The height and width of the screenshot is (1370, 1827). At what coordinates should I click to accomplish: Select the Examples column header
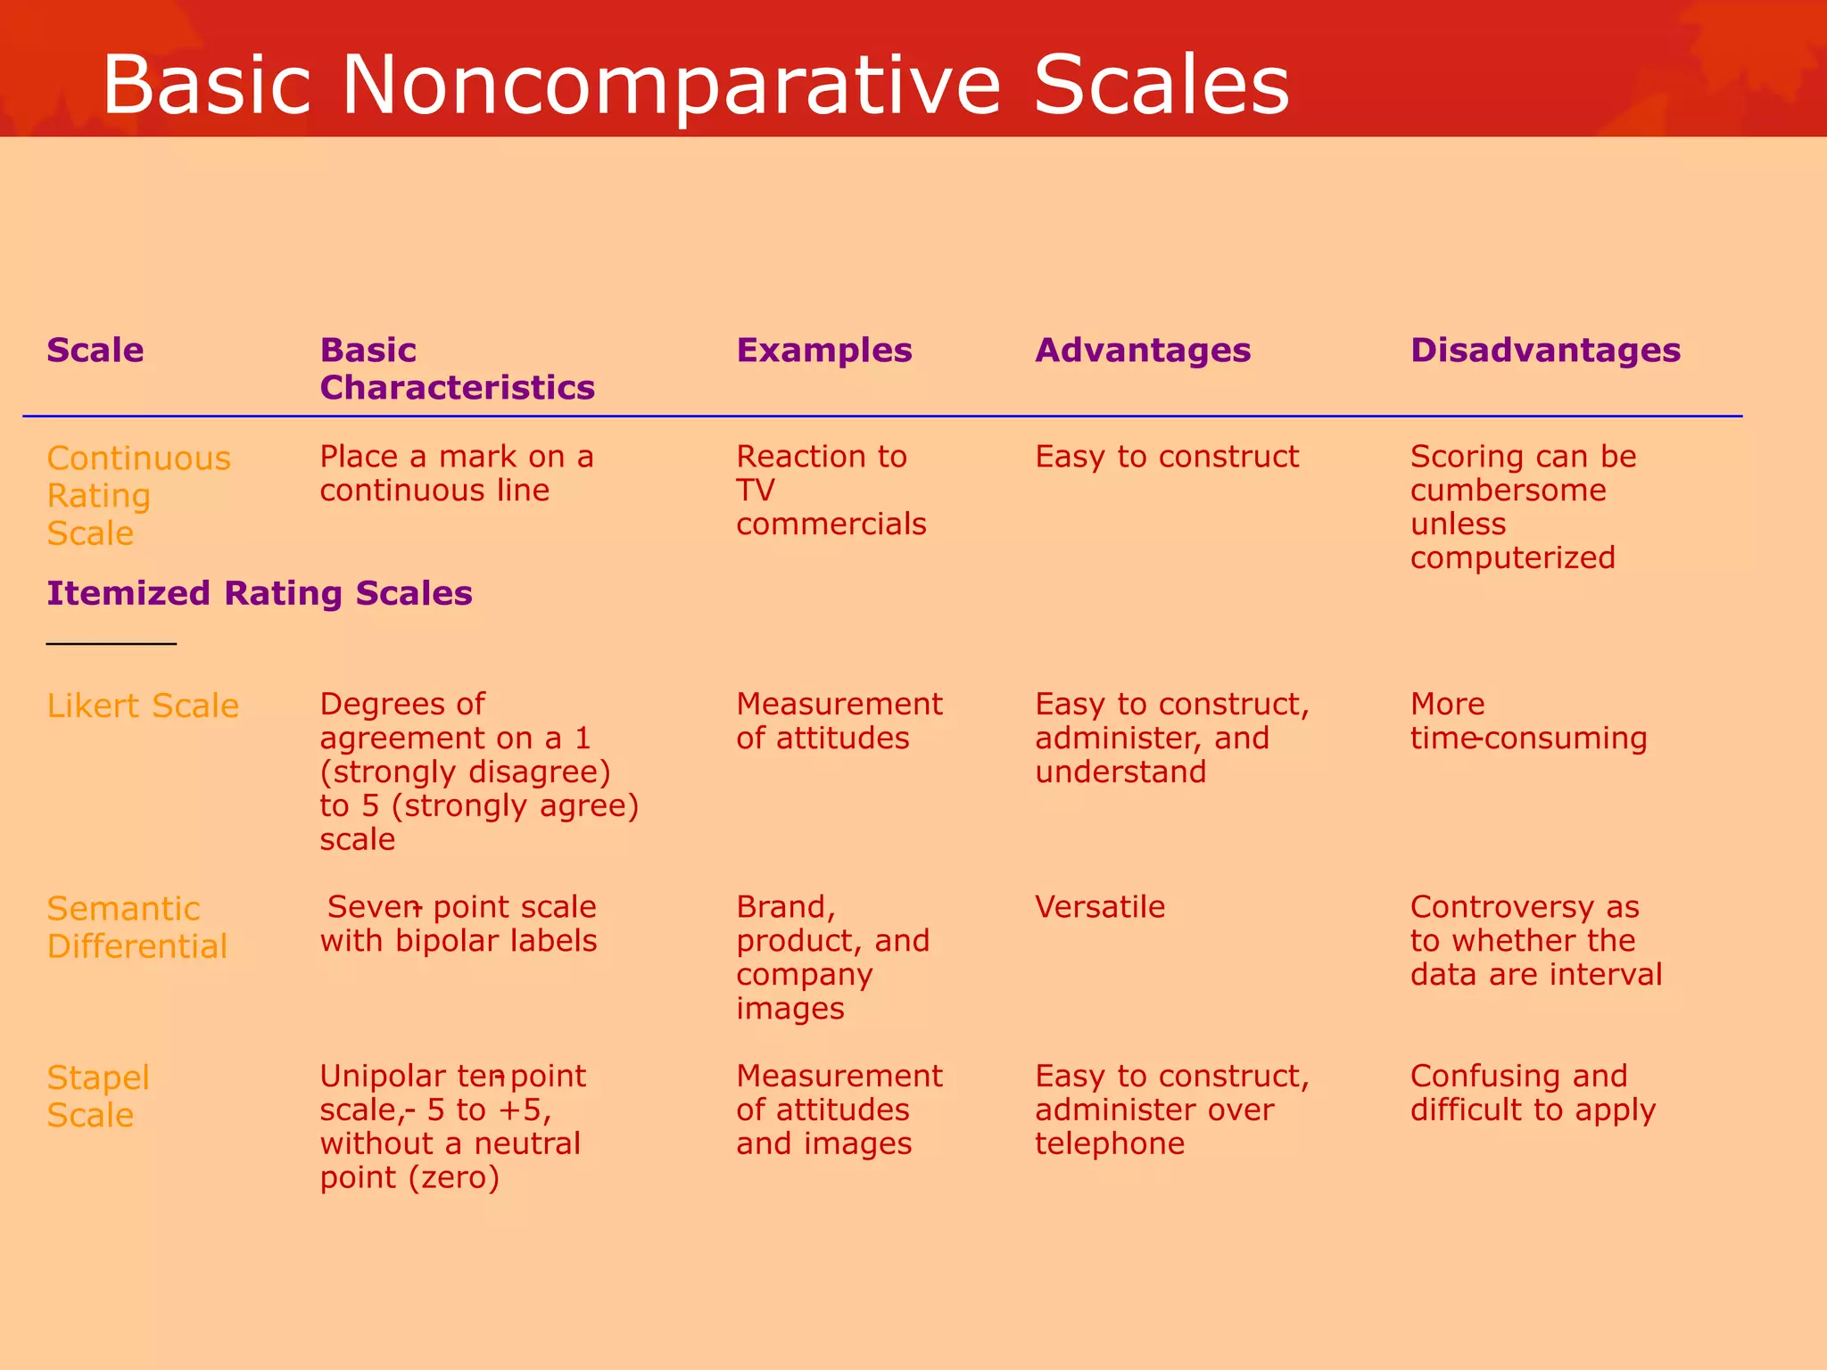824,351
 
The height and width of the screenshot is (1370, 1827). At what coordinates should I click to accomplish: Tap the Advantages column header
1143,351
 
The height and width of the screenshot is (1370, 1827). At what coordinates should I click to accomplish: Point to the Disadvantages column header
1545,351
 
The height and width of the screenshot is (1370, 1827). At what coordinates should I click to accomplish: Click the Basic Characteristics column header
457,368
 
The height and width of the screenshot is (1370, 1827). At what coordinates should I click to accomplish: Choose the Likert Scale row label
143,706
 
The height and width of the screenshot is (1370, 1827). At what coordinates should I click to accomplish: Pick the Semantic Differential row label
137,927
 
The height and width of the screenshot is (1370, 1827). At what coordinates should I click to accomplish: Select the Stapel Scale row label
98,1096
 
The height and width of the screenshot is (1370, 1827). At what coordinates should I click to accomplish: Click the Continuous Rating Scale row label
138,495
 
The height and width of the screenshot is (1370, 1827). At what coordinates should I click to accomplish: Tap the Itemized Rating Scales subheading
260,593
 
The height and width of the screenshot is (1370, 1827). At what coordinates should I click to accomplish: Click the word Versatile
1100,907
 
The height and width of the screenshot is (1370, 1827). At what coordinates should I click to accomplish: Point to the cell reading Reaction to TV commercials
831,490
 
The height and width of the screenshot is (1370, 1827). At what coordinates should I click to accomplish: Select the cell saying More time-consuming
1528,721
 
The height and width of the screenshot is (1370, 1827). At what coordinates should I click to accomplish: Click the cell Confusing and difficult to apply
1533,1093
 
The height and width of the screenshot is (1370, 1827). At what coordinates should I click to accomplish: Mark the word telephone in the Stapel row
1110,1143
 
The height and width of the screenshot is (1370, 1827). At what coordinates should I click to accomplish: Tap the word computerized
1513,557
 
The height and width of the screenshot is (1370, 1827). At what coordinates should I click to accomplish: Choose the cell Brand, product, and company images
832,957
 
